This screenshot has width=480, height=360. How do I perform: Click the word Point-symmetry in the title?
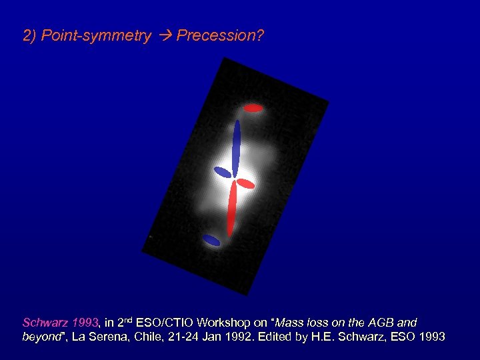(x=96, y=36)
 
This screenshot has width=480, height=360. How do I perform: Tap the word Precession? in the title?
(x=221, y=36)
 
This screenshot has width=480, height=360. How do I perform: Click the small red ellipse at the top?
(x=253, y=107)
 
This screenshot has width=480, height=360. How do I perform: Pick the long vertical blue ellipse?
(x=236, y=147)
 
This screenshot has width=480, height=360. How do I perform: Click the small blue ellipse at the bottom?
(x=211, y=240)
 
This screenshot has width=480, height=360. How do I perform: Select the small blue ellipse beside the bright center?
(x=222, y=172)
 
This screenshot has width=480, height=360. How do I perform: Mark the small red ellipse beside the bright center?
(x=245, y=183)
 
